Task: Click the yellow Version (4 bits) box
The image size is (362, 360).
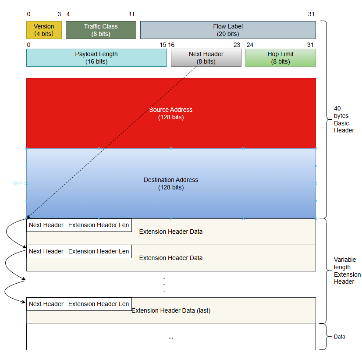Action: pyautogui.click(x=44, y=30)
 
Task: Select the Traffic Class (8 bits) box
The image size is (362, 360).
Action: pyautogui.click(x=101, y=30)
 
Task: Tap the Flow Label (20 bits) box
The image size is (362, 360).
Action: pyautogui.click(x=228, y=30)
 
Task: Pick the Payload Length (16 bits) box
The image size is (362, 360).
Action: pyautogui.click(x=96, y=57)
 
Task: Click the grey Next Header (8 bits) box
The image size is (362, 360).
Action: pyautogui.click(x=206, y=57)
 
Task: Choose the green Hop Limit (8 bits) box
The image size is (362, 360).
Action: pyautogui.click(x=280, y=57)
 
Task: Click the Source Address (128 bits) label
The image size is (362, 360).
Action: pyautogui.click(x=171, y=113)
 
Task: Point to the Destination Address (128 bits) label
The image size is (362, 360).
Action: pyautogui.click(x=171, y=183)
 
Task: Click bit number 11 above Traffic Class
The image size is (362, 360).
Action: pyautogui.click(x=131, y=14)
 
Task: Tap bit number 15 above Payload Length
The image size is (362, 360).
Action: pyautogui.click(x=163, y=45)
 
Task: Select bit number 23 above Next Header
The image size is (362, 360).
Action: pyautogui.click(x=237, y=45)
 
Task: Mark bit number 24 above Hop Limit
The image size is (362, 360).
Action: pyautogui.click(x=250, y=45)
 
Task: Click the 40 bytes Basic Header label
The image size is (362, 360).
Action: pyautogui.click(x=344, y=119)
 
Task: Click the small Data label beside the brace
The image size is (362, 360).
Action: pyautogui.click(x=340, y=337)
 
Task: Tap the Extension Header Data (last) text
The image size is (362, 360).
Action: pyautogui.click(x=171, y=310)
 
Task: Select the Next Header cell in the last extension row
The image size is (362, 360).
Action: pyautogui.click(x=46, y=304)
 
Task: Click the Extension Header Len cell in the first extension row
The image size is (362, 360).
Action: pyautogui.click(x=99, y=225)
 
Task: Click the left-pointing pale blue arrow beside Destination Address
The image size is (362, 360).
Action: pyautogui.click(x=18, y=183)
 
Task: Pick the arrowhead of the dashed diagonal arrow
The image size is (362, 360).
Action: pyautogui.click(x=28, y=217)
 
